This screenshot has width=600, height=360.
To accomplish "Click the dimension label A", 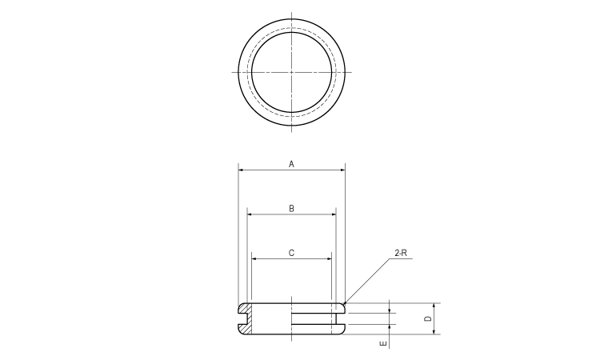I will click(x=292, y=164).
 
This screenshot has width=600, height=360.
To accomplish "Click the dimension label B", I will click(x=292, y=208).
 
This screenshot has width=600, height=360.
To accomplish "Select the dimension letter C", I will click(x=292, y=253).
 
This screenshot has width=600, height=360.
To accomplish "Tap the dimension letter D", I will click(x=428, y=319).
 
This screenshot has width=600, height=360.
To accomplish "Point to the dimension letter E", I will click(x=383, y=344).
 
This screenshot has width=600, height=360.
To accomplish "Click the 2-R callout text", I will click(x=402, y=253).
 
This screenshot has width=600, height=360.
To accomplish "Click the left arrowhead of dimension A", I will click(x=241, y=170).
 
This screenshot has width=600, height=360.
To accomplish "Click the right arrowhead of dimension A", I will click(x=342, y=170).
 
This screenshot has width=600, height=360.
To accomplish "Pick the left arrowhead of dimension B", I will click(x=250, y=214).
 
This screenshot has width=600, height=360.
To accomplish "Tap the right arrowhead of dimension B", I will click(x=333, y=214).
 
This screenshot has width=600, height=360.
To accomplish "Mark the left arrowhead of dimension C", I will click(x=254, y=259).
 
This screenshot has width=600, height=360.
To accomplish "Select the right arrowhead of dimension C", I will click(x=330, y=259).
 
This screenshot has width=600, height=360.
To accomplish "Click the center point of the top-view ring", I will click(x=292, y=72).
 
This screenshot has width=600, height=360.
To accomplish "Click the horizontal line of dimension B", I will click(x=272, y=214).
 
